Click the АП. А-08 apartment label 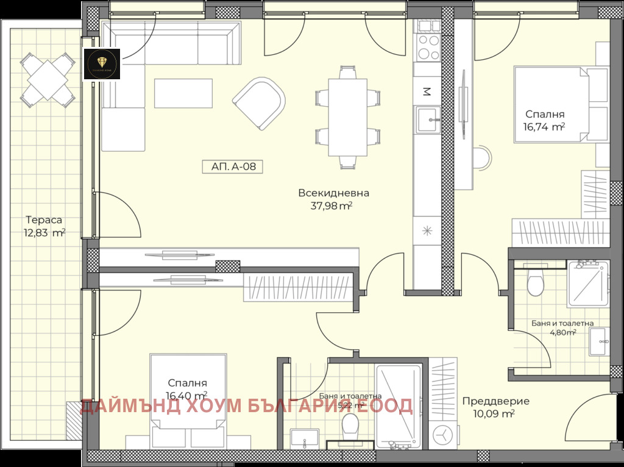[x=233, y=166]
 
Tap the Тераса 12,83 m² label [x=44, y=226]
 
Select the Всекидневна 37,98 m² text [x=333, y=199]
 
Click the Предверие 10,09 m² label [x=495, y=407]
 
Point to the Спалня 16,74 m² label [x=545, y=120]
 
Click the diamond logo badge [x=102, y=64]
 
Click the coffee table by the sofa [x=184, y=94]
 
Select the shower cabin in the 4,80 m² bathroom [x=587, y=285]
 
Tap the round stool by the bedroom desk [x=483, y=157]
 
